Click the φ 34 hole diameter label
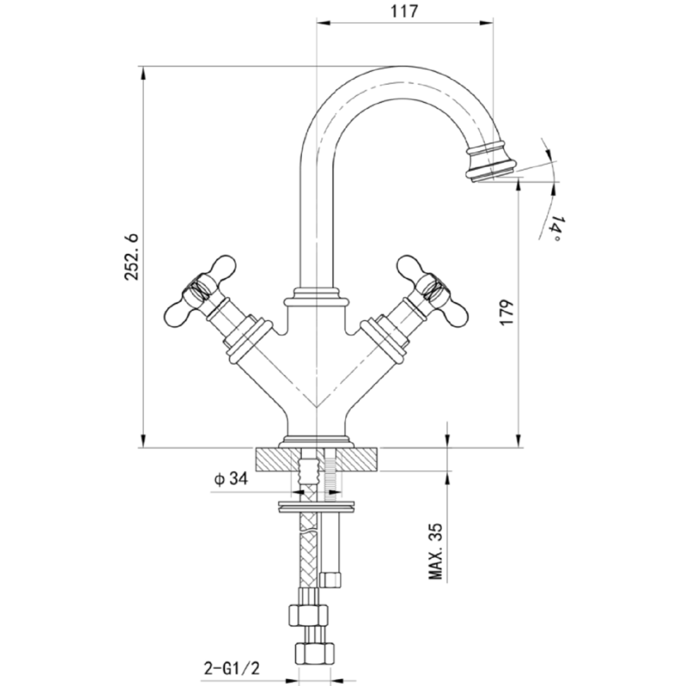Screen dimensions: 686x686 [231, 479]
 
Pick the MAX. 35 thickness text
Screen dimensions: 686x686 [435, 552]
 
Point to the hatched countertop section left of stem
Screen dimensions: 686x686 [278, 460]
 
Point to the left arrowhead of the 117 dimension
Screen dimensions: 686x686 [320, 23]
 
